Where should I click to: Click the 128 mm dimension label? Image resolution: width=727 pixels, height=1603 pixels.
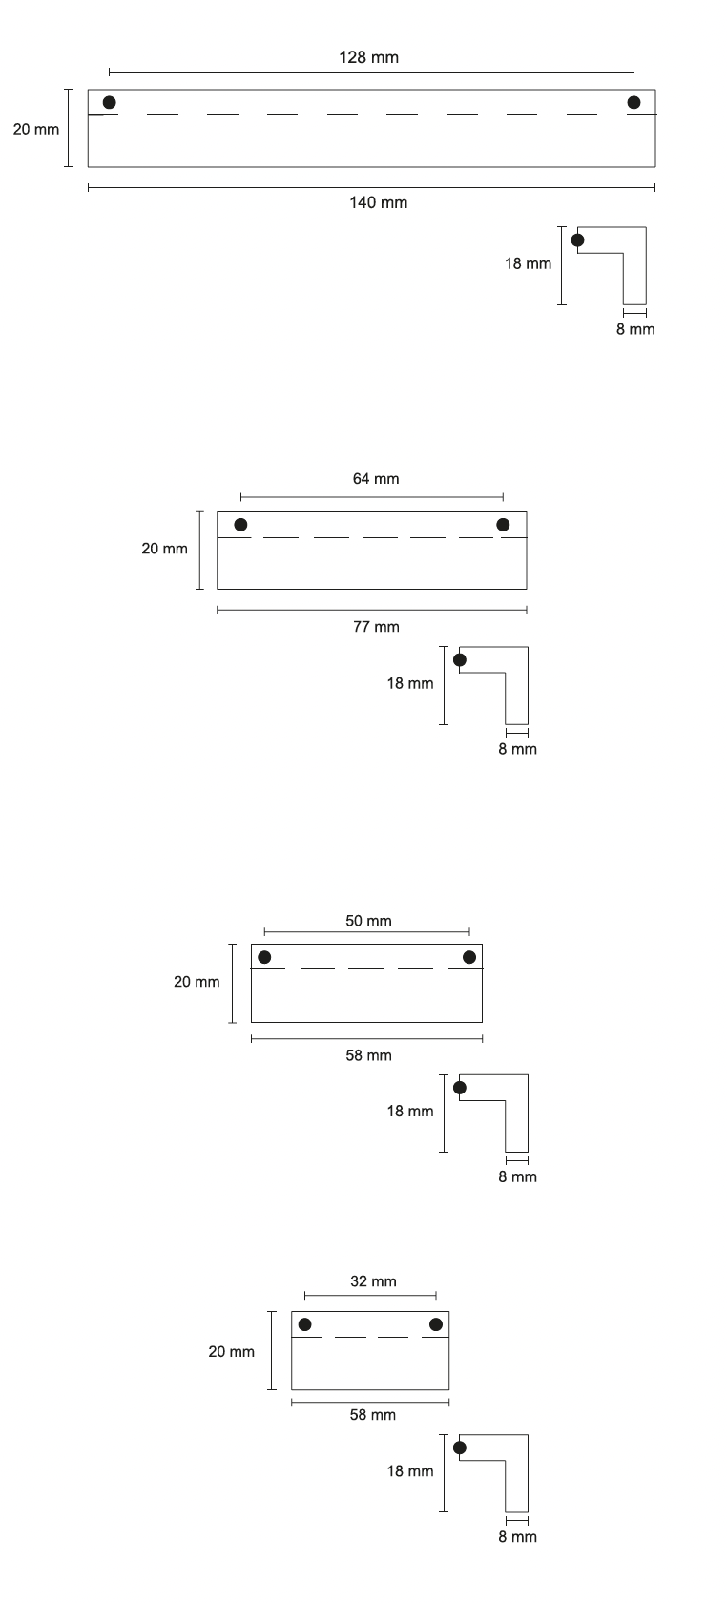tap(369, 57)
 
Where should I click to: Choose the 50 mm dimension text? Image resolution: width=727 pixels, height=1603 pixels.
tap(368, 921)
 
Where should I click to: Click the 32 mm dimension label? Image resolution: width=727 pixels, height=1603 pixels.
tap(373, 1281)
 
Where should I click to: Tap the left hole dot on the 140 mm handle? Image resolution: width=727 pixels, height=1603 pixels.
tap(110, 102)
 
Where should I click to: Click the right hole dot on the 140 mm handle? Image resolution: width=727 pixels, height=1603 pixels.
tap(634, 102)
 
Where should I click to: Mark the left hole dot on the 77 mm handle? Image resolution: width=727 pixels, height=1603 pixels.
tap(240, 525)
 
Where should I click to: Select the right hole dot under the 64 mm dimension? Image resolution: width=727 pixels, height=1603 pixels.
tap(503, 525)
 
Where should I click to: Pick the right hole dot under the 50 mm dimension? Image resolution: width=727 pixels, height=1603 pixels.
tap(469, 957)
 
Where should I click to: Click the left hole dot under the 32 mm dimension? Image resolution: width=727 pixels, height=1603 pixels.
tap(304, 1324)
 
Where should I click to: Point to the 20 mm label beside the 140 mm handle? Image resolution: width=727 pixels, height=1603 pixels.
tap(36, 128)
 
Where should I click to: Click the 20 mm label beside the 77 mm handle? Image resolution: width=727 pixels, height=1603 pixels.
tap(165, 549)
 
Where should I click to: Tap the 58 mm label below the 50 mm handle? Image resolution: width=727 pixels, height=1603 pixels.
tap(368, 1055)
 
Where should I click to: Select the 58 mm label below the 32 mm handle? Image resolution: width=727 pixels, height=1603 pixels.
tap(372, 1415)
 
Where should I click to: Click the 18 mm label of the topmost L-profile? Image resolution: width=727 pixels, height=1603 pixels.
tap(529, 263)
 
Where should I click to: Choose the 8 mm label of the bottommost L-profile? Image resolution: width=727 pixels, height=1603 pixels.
tap(517, 1537)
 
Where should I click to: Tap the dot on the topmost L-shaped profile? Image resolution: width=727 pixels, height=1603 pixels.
tap(577, 239)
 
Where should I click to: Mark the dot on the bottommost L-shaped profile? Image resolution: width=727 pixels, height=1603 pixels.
tap(460, 1447)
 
